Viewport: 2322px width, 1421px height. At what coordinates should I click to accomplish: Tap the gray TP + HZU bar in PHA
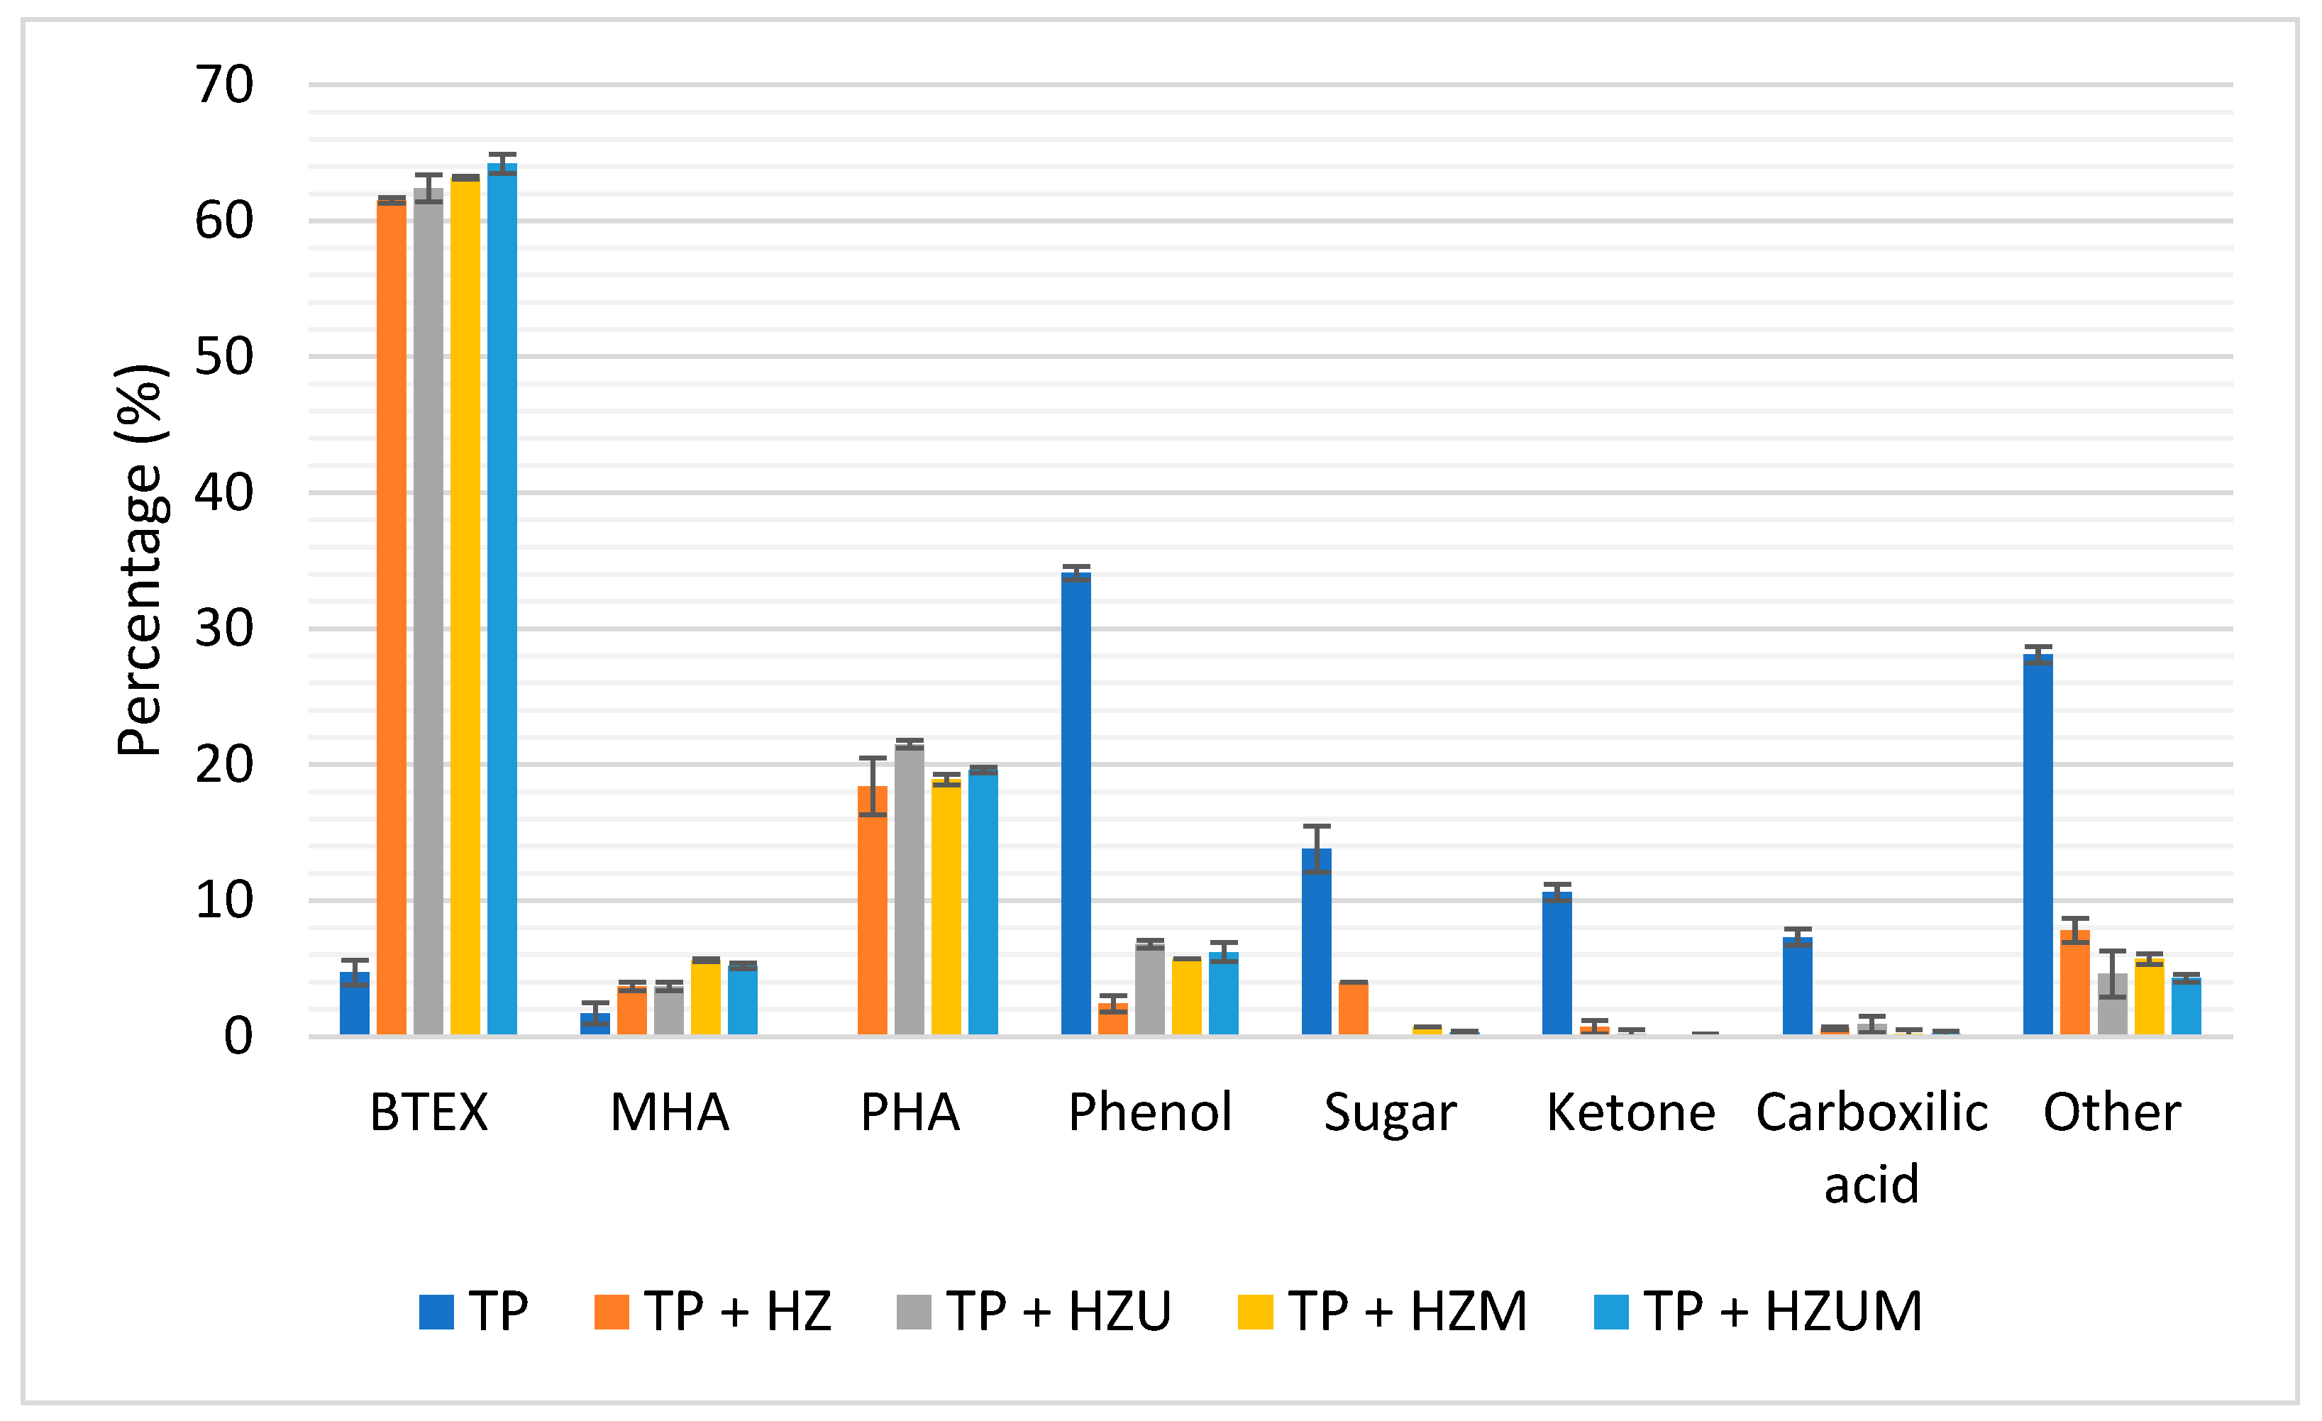910,890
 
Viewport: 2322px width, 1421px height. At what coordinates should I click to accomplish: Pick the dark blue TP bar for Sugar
1317,942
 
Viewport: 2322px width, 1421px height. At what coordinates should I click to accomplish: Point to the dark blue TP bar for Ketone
1557,963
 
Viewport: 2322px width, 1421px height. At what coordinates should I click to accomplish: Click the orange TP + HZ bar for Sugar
1353,1008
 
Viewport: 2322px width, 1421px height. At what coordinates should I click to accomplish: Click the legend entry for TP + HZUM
1757,1312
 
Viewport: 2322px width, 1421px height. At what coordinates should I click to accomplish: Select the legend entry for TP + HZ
714,1312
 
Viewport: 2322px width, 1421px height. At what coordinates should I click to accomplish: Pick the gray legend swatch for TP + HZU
913,1312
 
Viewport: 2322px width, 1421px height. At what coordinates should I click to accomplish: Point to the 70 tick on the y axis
224,85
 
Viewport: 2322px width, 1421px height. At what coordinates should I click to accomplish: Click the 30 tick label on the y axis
224,629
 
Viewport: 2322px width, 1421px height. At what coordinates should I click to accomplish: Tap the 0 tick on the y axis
238,1036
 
